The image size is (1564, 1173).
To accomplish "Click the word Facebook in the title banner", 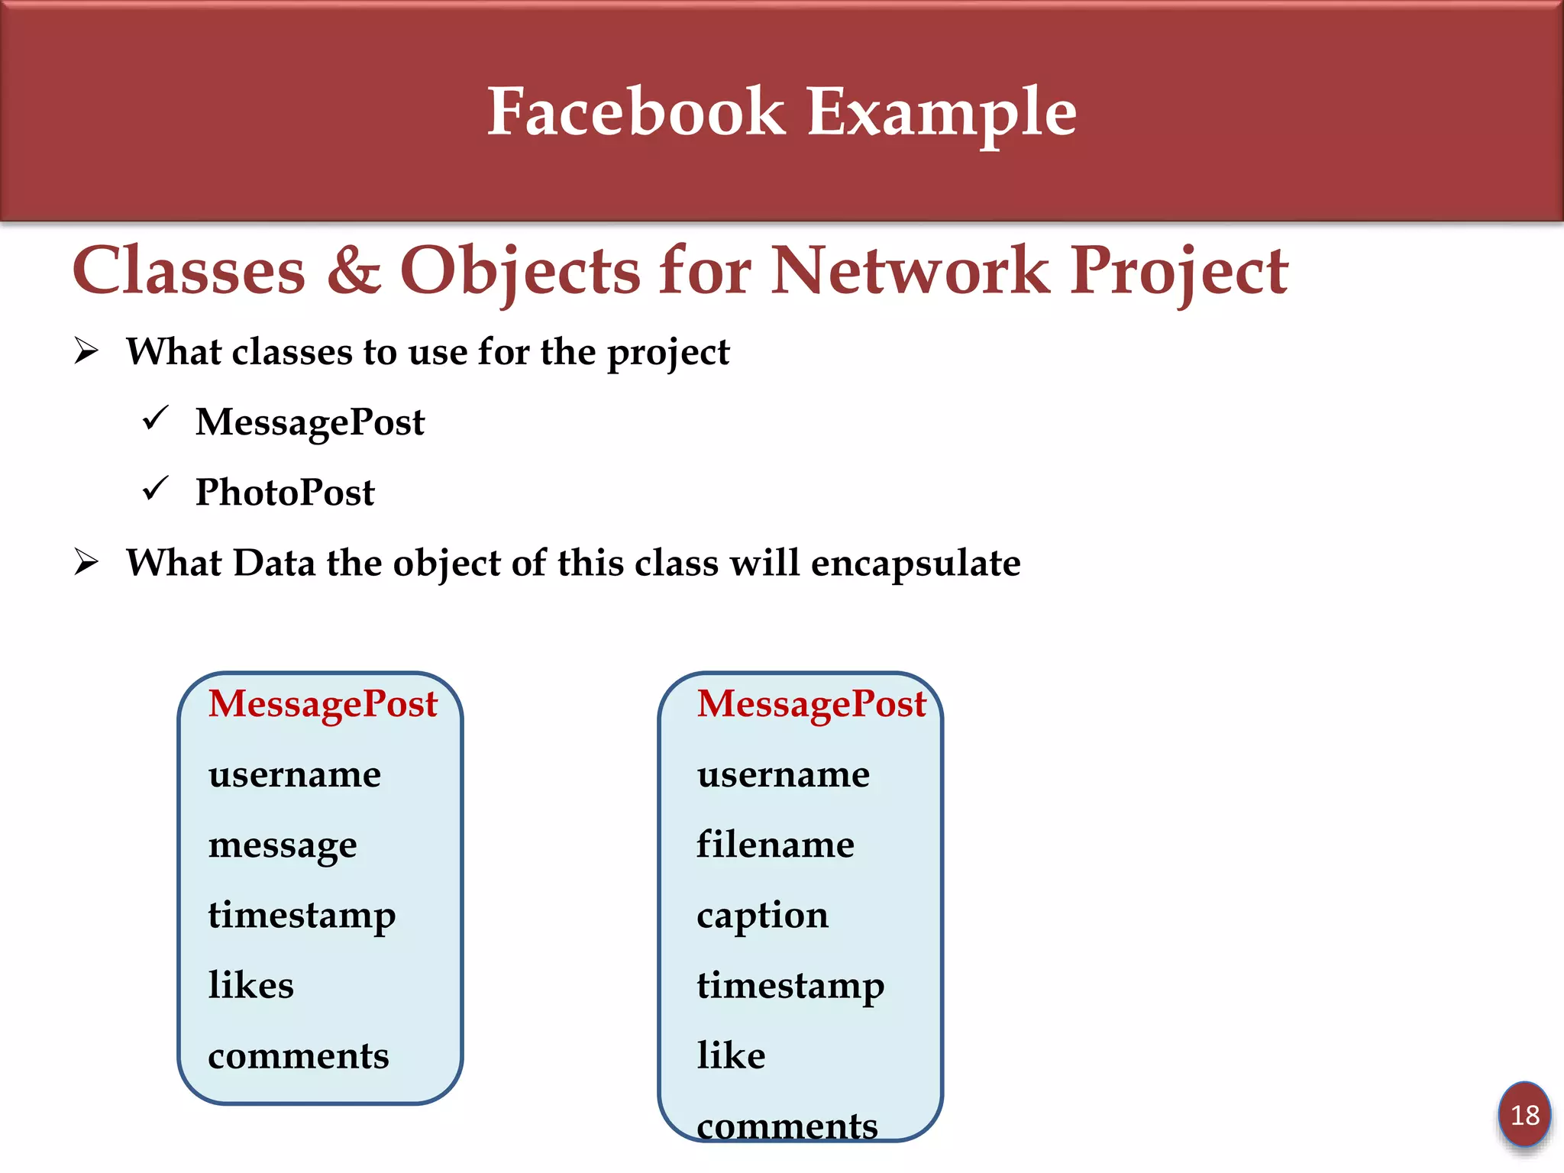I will (636, 112).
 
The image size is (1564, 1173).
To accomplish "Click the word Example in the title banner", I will (941, 112).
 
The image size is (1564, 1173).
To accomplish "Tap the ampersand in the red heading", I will (354, 270).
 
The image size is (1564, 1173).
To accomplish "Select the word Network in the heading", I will (910, 270).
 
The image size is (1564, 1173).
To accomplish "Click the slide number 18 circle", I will (1524, 1115).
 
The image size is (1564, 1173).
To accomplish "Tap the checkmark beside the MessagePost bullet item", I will (156, 418).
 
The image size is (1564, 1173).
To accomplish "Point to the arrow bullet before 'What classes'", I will (86, 351).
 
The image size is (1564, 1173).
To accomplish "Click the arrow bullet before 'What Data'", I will (86, 563).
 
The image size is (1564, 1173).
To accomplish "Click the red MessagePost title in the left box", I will (322, 703).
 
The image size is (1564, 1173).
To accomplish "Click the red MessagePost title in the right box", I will (811, 703).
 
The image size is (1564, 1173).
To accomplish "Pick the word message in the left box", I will (283, 845).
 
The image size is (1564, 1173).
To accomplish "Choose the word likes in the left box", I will (251, 985).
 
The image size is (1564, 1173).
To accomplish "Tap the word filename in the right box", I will (775, 845).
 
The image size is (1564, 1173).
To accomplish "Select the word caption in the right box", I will (762, 916).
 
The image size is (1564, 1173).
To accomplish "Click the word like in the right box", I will (731, 1055).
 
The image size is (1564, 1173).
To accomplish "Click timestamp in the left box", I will (302, 915).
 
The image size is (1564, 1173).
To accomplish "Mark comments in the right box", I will (787, 1126).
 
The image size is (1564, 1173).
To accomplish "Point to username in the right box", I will (783, 775).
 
